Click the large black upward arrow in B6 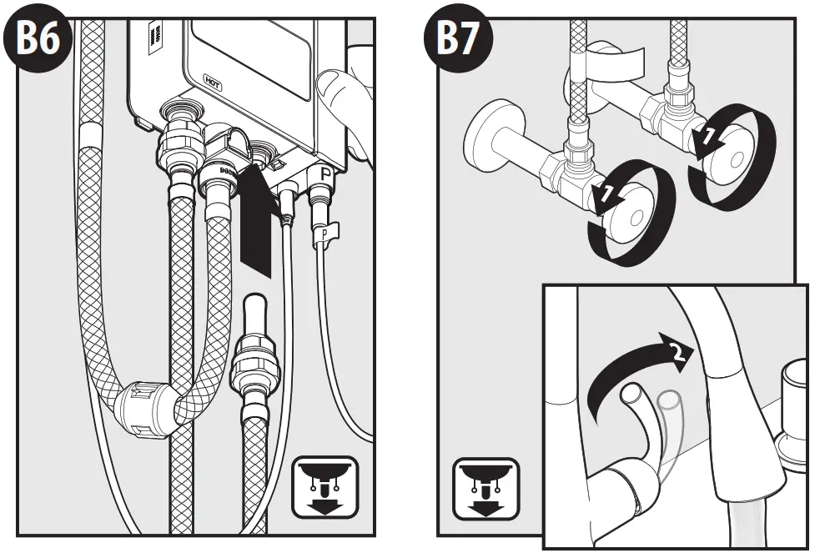pyautogui.click(x=255, y=218)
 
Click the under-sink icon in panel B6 pyautogui.click(x=324, y=485)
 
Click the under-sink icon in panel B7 pyautogui.click(x=485, y=485)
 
